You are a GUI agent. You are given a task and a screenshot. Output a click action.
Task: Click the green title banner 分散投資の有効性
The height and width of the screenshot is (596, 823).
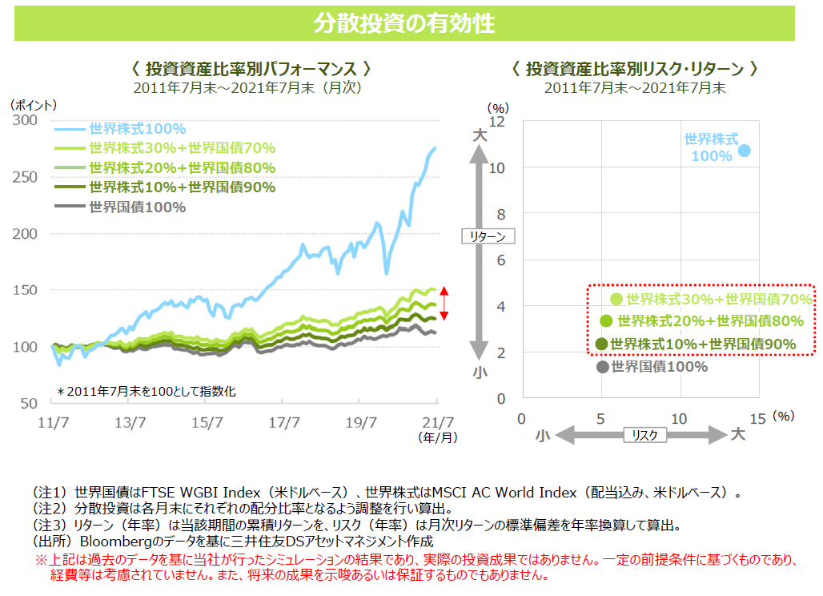404,23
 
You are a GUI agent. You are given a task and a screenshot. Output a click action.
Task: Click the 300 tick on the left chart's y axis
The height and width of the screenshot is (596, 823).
26,120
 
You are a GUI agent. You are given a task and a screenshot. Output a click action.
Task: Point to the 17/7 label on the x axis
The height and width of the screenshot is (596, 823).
284,422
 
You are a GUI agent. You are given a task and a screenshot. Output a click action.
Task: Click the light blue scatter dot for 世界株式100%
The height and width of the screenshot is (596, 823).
745,150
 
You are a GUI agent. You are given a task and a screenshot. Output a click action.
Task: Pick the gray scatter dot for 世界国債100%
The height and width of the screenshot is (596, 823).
602,367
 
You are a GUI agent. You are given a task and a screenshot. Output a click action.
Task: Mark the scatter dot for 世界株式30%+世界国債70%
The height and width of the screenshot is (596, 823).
616,299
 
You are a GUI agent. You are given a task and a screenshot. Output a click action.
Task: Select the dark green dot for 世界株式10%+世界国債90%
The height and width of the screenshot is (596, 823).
602,344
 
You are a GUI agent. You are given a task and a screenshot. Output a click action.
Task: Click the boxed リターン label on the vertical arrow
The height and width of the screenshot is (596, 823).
488,236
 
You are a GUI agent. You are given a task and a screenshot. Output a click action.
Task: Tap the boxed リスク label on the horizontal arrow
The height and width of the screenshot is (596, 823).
644,434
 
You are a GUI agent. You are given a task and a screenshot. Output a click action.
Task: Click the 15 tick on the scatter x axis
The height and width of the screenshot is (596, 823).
758,418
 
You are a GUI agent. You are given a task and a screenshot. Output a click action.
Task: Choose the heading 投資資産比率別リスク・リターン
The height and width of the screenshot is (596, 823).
634,69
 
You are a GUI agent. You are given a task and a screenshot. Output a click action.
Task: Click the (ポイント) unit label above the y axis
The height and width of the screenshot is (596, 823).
34,104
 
